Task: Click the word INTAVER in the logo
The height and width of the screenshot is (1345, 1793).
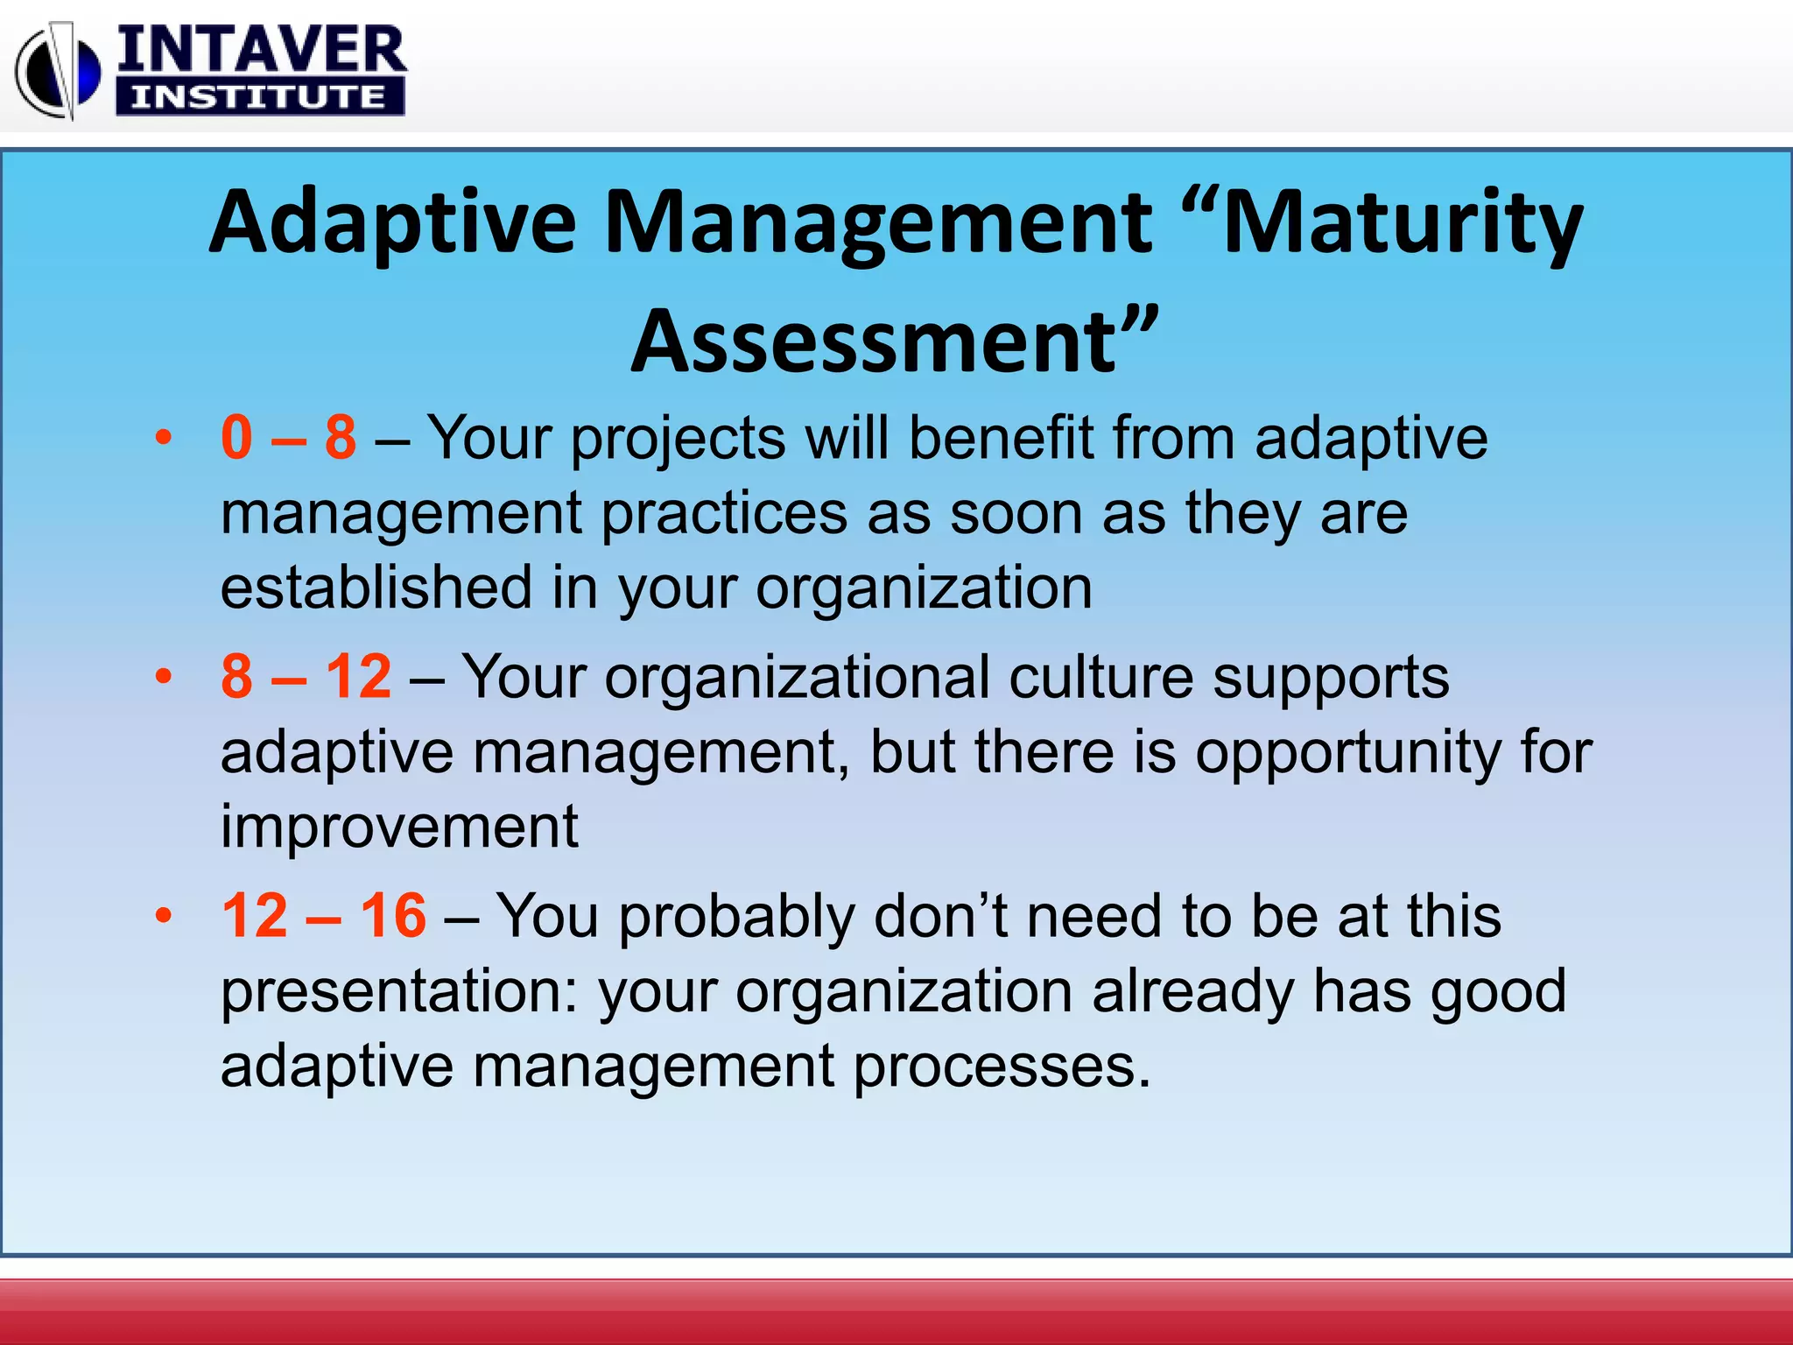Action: pyautogui.click(x=261, y=50)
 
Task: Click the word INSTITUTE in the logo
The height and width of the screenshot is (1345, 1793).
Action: pyautogui.click(x=259, y=96)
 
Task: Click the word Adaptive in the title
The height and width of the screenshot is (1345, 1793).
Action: pyautogui.click(x=392, y=223)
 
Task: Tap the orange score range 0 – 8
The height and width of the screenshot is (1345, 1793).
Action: pyautogui.click(x=289, y=437)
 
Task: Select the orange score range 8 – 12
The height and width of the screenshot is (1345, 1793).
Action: pyautogui.click(x=306, y=676)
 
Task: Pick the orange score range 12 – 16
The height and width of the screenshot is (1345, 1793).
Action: pyautogui.click(x=324, y=915)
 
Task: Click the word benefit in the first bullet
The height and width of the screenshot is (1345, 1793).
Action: pyautogui.click(x=1002, y=437)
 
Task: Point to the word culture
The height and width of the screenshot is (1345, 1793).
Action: pyautogui.click(x=1100, y=677)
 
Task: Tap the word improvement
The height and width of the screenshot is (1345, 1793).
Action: pyautogui.click(x=399, y=827)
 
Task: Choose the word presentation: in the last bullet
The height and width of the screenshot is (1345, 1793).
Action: pyautogui.click(x=399, y=992)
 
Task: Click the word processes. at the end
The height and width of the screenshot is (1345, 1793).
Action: pyautogui.click(x=1002, y=1067)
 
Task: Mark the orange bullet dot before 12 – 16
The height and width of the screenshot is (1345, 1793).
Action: pyautogui.click(x=163, y=916)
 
